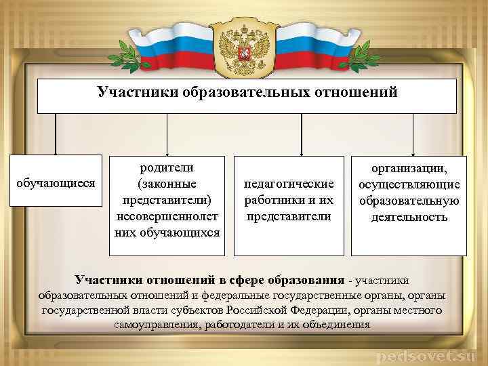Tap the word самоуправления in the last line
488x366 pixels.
pos(157,325)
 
